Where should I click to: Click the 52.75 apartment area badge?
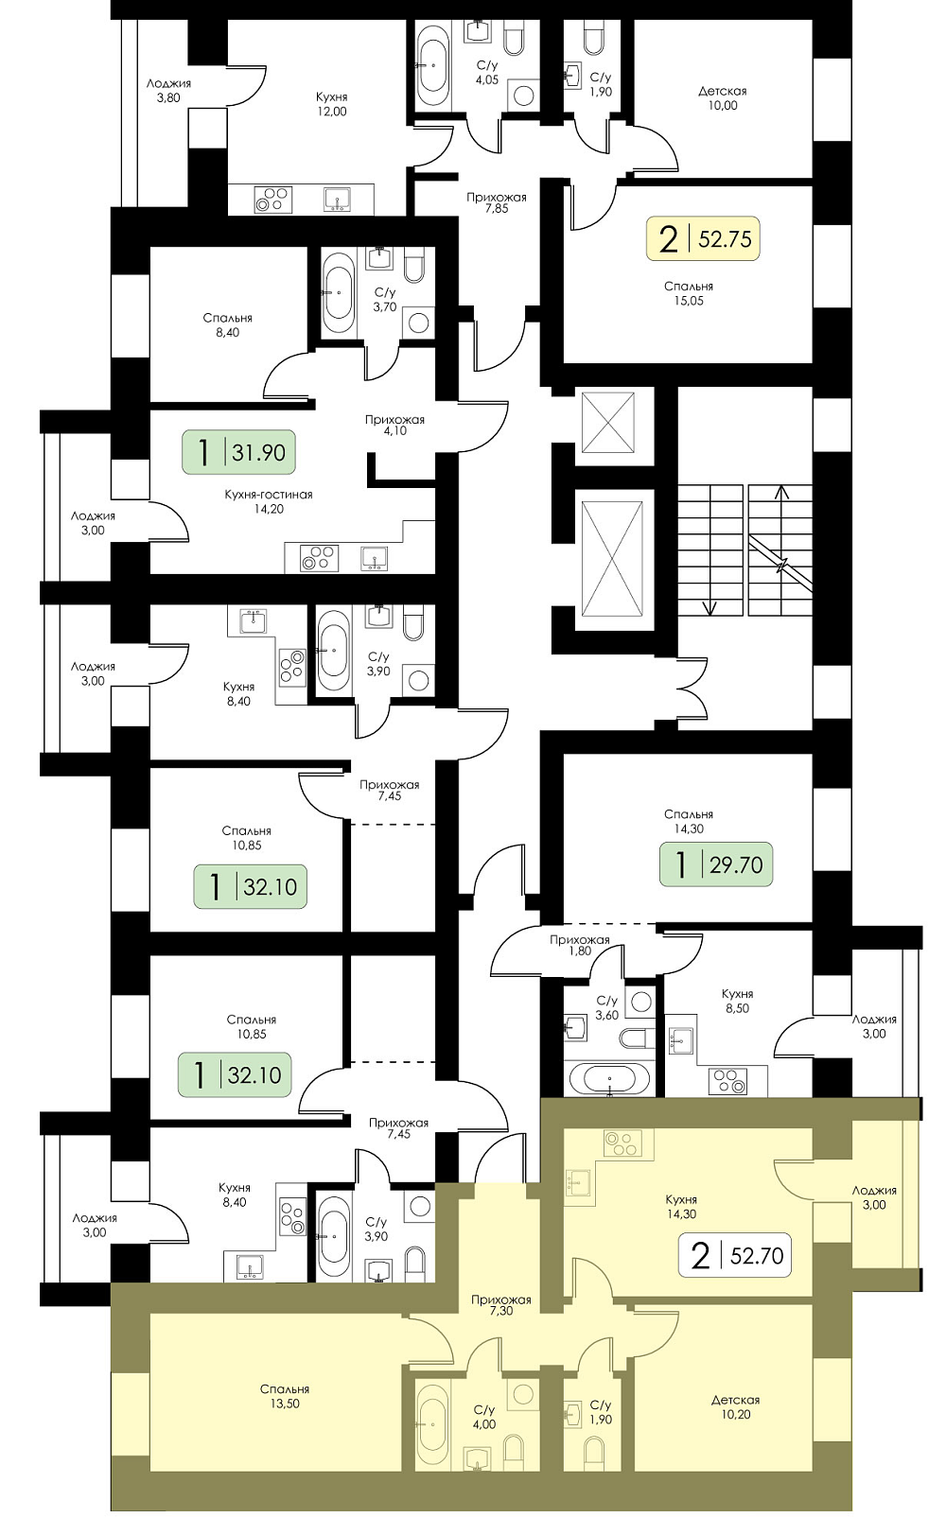click(703, 239)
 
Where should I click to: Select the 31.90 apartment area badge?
click(238, 452)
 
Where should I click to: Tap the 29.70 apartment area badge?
click(716, 864)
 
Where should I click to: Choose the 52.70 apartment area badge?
click(735, 1255)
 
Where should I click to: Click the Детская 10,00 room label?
click(723, 98)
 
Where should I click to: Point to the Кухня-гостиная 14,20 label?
click(269, 501)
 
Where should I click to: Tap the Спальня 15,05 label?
click(689, 293)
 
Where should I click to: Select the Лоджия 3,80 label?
click(168, 91)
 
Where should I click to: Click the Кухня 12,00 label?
click(332, 104)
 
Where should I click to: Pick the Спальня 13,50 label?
click(285, 1396)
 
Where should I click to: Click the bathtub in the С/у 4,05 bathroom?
click(432, 65)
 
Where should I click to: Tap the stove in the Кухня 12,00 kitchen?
click(271, 200)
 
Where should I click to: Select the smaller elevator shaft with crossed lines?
click(608, 423)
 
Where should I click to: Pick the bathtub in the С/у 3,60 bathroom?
click(608, 1080)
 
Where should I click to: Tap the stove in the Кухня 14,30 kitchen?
click(623, 1143)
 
